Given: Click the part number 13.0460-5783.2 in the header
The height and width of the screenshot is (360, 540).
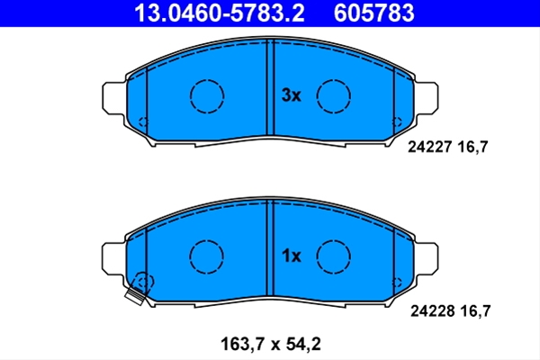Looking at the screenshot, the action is click(220, 13).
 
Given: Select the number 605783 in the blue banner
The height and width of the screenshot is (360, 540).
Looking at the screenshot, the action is click(374, 13).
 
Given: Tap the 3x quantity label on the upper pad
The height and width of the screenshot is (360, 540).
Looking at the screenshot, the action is click(291, 95).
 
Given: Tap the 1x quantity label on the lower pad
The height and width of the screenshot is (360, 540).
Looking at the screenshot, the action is click(291, 256).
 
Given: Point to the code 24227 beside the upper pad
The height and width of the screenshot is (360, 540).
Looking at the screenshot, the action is click(429, 147).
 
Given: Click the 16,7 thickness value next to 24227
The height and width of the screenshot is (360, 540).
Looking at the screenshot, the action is click(472, 148).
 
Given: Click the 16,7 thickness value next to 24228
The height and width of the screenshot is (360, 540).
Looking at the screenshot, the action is click(475, 311).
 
